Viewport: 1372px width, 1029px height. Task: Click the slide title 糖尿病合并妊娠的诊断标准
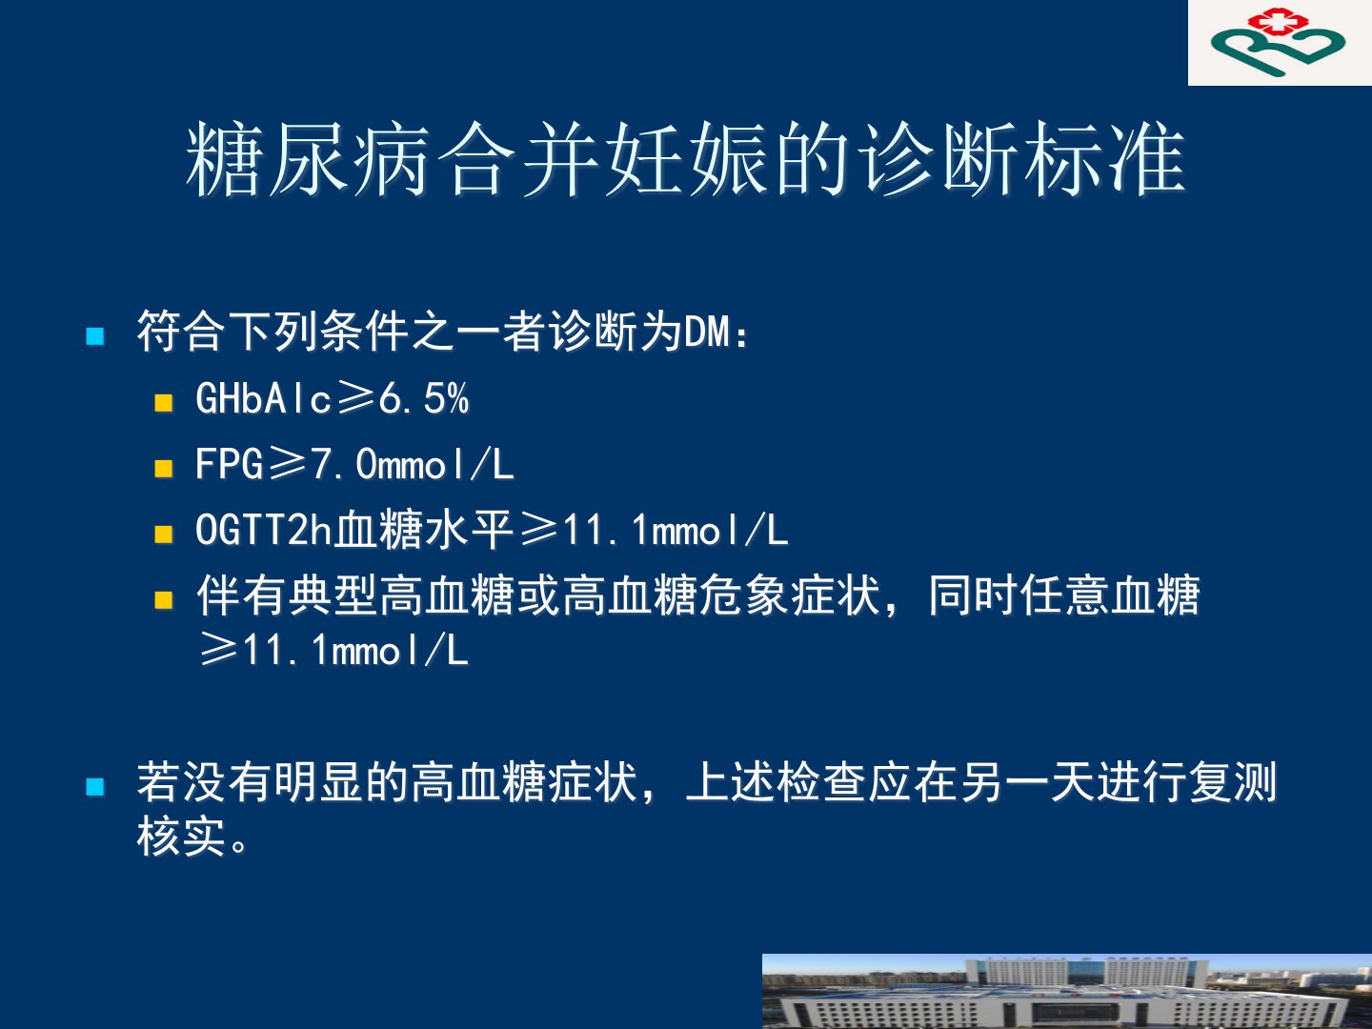[x=685, y=158]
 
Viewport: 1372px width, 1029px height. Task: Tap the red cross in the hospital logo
[x=1277, y=21]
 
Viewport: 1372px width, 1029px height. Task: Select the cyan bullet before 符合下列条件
[x=95, y=336]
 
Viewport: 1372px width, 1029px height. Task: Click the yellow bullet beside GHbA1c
[x=164, y=402]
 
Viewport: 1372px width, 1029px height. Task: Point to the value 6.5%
[x=424, y=398]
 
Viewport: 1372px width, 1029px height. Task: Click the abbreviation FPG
[x=230, y=464]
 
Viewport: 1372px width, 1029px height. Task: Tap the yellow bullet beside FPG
[x=164, y=469]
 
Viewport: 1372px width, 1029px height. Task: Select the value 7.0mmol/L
[x=413, y=464]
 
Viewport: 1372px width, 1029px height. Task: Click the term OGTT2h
[x=263, y=530]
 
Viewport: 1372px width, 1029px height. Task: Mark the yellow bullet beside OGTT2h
[x=164, y=535]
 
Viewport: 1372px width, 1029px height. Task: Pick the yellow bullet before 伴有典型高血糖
[x=164, y=600]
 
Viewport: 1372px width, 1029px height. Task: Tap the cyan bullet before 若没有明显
[x=95, y=786]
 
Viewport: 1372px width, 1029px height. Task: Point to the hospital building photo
[x=1067, y=992]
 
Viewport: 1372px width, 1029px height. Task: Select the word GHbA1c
[x=263, y=398]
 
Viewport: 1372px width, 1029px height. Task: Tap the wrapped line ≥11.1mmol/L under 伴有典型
[x=333, y=650]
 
